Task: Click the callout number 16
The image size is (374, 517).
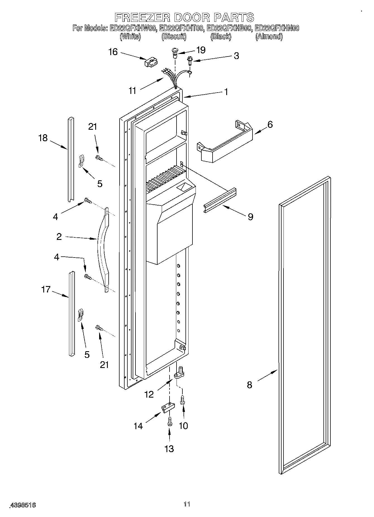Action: tap(113, 52)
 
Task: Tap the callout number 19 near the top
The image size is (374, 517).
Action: tap(201, 50)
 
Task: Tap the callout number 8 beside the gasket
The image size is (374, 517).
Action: tap(249, 385)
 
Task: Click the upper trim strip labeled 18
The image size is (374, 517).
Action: tap(70, 159)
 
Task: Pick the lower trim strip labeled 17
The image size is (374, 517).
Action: tap(72, 313)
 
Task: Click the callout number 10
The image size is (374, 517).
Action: tap(183, 426)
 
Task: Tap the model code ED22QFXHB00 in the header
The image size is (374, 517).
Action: tap(229, 28)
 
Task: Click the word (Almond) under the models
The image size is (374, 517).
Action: tap(269, 37)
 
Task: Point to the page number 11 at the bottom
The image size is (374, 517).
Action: tap(187, 504)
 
